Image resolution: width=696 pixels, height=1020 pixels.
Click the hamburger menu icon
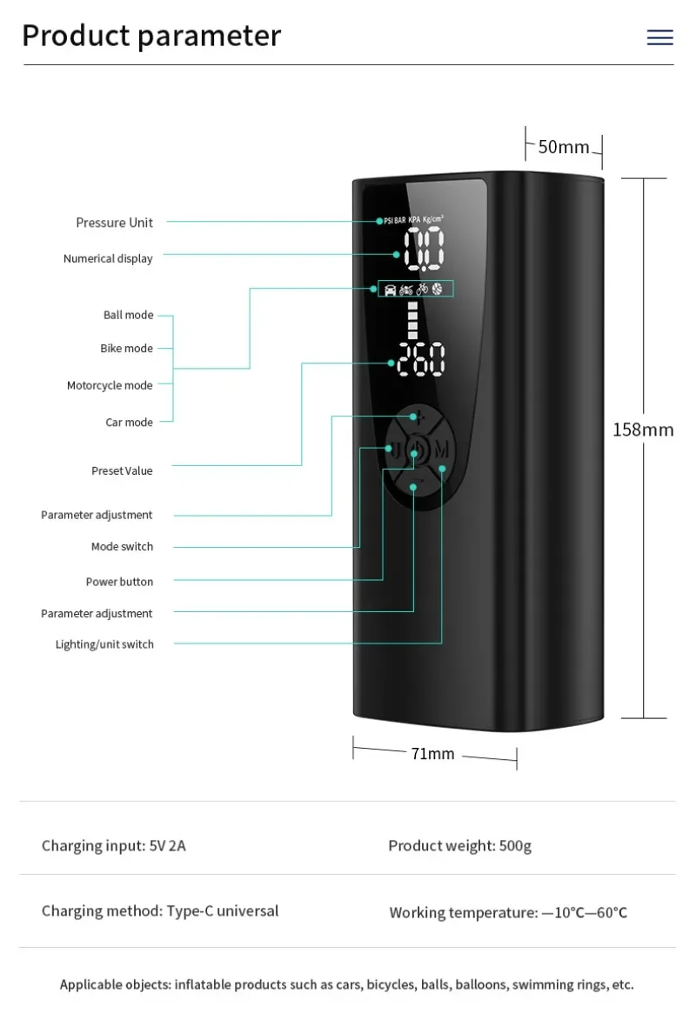(659, 37)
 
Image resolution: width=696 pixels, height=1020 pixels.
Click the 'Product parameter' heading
(151, 36)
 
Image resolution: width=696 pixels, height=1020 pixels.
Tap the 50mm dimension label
(564, 147)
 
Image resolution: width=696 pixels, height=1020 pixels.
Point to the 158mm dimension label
(643, 430)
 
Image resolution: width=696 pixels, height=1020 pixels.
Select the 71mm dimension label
(432, 754)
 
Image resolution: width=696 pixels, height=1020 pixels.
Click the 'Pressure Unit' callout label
(114, 223)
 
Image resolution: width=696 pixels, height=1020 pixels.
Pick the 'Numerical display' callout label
(108, 258)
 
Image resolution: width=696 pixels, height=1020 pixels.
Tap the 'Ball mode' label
(128, 315)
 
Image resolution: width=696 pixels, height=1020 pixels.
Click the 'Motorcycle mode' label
(110, 385)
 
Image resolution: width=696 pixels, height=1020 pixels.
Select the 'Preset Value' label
(122, 470)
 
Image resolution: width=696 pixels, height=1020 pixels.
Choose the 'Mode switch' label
(122, 546)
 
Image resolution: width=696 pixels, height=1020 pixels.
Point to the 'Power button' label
(119, 582)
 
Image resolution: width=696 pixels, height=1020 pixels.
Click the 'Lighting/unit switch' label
(104, 644)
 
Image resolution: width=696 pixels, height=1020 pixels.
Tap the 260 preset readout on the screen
(421, 358)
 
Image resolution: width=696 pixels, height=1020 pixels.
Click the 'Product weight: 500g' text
(459, 845)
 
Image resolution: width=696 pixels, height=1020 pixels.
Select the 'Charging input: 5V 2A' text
(114, 845)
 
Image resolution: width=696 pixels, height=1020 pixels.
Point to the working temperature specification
(508, 912)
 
